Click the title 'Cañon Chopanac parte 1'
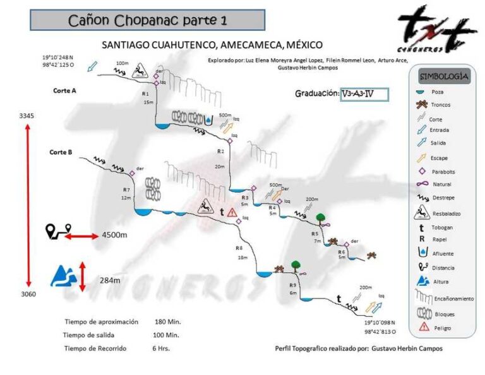(147, 20)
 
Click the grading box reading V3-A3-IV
(363, 94)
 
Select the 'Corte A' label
(64, 91)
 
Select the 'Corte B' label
(61, 152)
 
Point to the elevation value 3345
(27, 116)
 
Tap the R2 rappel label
(220, 152)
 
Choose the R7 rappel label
(126, 190)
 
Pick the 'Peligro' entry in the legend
(442, 328)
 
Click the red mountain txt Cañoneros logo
(436, 29)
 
